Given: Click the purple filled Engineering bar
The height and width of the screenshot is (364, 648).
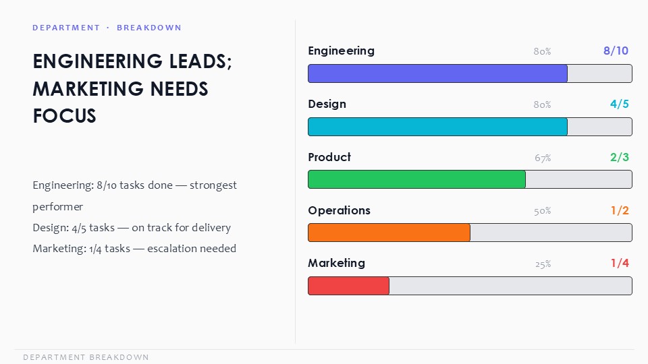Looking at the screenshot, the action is tap(437, 73).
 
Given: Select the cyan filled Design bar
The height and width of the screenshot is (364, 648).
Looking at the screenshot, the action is tap(437, 127).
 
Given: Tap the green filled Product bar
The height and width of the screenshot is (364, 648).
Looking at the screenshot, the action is tap(416, 179).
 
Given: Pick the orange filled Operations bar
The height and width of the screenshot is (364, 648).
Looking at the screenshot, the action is tap(389, 233).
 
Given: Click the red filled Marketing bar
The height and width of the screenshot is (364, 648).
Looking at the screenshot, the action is tap(348, 286).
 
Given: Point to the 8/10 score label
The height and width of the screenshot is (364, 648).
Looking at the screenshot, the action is tap(616, 51).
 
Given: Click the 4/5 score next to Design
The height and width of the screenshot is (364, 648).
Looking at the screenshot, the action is tap(620, 104).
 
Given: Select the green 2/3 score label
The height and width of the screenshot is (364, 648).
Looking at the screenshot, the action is tap(620, 157).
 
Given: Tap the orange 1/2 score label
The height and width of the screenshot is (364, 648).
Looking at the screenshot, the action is tap(620, 210).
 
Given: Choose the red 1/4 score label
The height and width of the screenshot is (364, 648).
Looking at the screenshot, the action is tap(620, 264).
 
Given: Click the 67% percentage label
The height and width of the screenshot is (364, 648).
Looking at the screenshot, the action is tap(543, 158).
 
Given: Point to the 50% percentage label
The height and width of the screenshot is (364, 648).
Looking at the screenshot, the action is tap(542, 211).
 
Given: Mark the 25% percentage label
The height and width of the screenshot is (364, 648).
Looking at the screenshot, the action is tap(543, 264).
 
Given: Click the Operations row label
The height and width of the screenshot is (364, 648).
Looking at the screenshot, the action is tap(339, 210).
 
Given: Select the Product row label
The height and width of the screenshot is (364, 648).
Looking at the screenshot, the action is tap(329, 157).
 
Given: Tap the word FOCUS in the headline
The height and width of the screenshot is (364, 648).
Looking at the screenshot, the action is tap(65, 116).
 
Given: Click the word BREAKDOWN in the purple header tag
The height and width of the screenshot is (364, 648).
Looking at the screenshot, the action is tap(149, 28).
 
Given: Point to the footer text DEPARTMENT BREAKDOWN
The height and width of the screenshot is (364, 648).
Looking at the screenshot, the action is tap(86, 357).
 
